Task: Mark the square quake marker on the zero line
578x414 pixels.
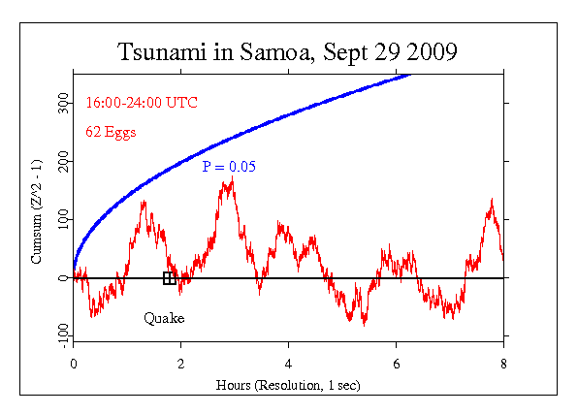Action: [170, 278]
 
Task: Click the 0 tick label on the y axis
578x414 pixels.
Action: [64, 278]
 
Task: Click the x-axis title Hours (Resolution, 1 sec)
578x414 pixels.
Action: [288, 385]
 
